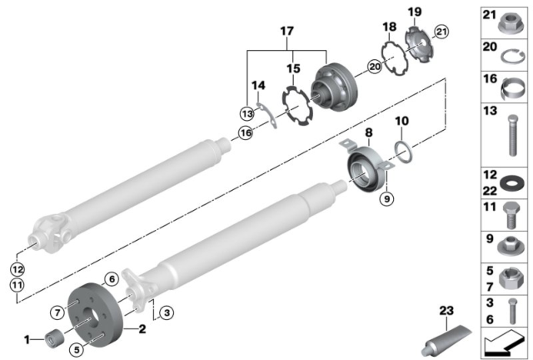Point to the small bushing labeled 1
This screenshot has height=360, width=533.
pyautogui.click(x=54, y=339)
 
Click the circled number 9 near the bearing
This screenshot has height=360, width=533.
pyautogui.click(x=385, y=198)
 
